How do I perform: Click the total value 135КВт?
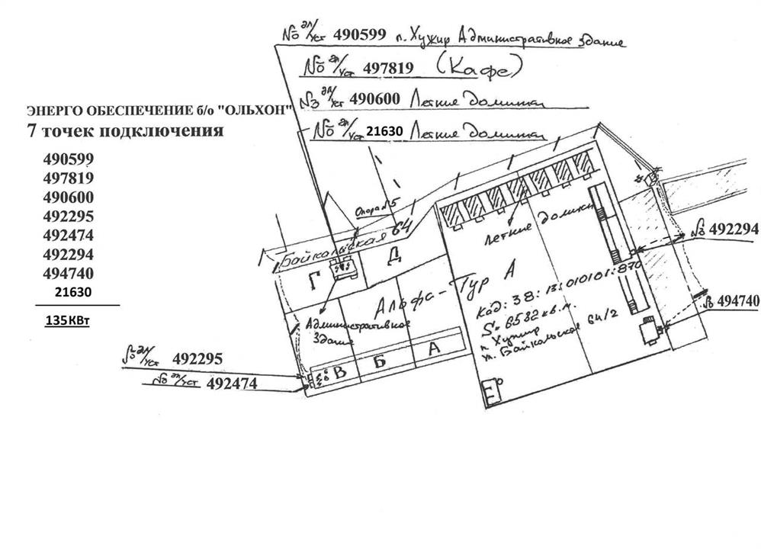(68, 321)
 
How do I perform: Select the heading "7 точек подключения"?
(125, 130)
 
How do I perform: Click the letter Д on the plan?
(394, 254)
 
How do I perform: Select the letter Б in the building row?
(379, 358)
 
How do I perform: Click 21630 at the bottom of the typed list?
(73, 292)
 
